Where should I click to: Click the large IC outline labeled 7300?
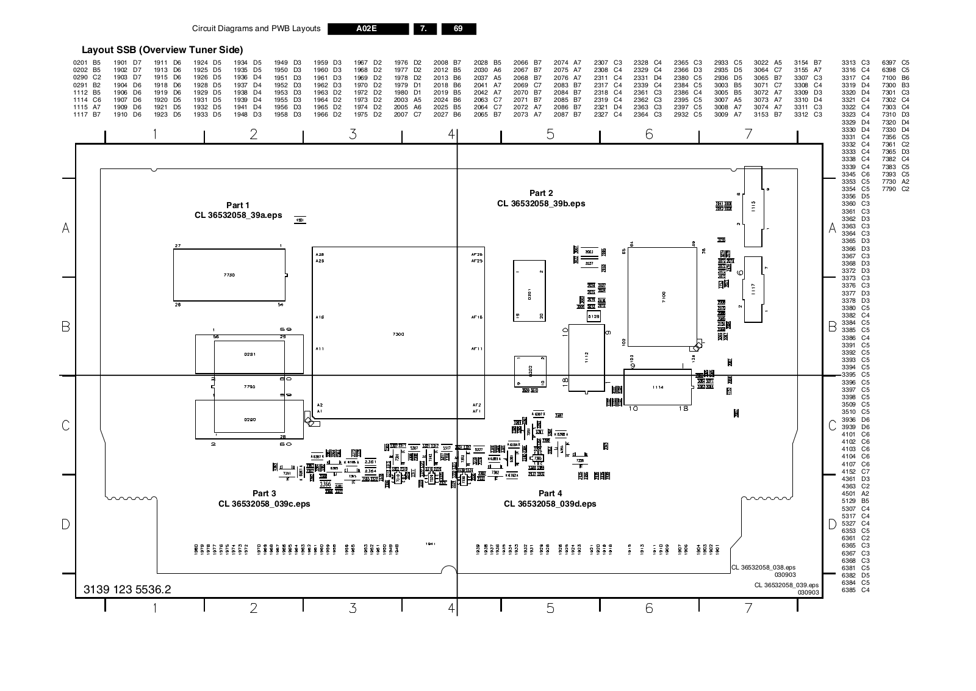(x=398, y=333)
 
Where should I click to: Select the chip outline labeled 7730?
(x=229, y=275)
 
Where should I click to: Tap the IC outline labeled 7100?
(x=662, y=297)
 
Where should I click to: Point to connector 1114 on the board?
(x=658, y=388)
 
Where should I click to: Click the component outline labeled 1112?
(x=586, y=358)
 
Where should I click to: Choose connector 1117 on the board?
(x=753, y=289)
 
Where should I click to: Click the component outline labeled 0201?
(x=529, y=291)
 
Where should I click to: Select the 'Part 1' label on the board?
(x=238, y=205)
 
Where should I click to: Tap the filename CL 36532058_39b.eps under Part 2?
(x=541, y=204)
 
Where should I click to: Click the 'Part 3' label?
(x=264, y=493)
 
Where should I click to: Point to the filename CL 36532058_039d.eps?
(x=550, y=504)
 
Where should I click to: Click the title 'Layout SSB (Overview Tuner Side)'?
(x=162, y=50)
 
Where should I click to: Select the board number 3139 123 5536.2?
(x=127, y=590)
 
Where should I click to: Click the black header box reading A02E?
(x=368, y=29)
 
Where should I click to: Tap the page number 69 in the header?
(x=458, y=29)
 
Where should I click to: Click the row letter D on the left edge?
(x=66, y=524)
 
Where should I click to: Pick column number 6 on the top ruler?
(x=649, y=134)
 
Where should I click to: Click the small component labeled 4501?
(x=300, y=220)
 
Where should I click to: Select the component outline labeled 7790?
(x=249, y=387)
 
